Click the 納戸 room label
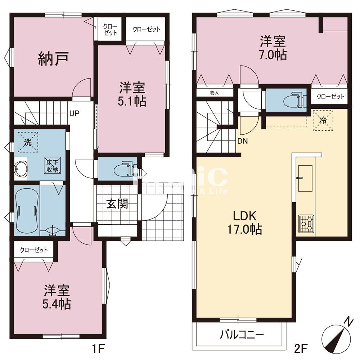tap(53, 59)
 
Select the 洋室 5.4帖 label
tap(57, 297)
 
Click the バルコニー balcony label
tap(242, 335)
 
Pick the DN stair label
tap(242, 141)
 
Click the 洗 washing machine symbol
tap(28, 141)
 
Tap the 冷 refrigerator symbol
tap(323, 120)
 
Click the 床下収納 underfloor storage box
tap(53, 165)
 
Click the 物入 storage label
tap(214, 93)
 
